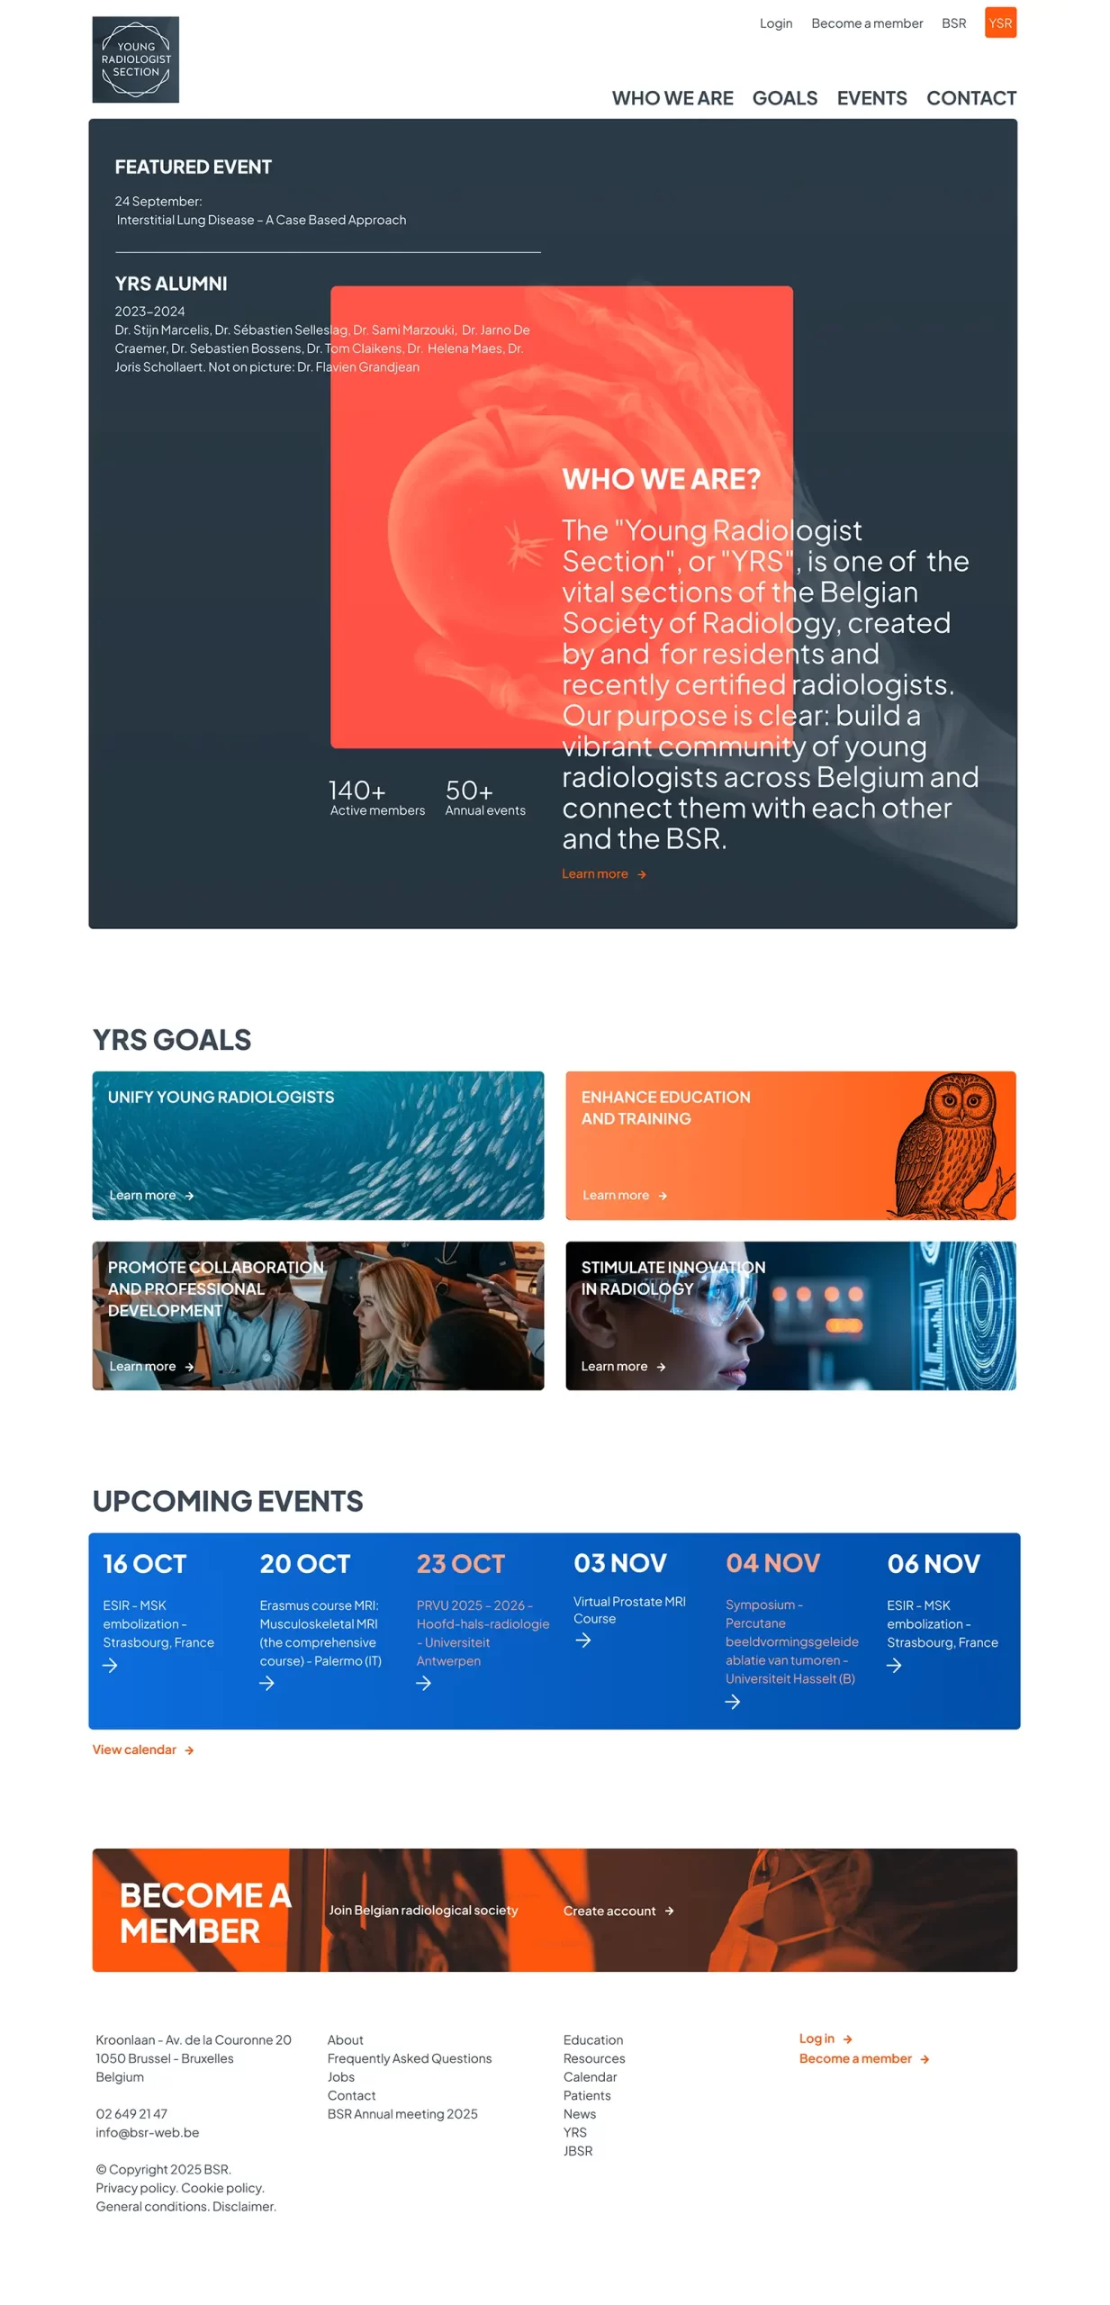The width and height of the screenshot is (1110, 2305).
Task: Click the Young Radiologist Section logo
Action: (135, 59)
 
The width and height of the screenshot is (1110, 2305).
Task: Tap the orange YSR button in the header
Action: (999, 23)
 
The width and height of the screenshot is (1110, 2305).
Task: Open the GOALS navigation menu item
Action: (784, 98)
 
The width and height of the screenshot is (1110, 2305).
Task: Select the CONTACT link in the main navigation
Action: (970, 98)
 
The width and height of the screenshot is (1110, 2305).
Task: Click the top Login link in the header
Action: (775, 23)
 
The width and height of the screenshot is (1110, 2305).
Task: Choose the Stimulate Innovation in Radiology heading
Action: (672, 1278)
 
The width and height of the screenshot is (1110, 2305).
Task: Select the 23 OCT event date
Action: (460, 1563)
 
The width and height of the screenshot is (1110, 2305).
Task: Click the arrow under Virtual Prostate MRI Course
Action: (583, 1640)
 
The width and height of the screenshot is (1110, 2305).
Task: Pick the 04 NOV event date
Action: (772, 1562)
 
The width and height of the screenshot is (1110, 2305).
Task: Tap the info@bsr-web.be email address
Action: (148, 2132)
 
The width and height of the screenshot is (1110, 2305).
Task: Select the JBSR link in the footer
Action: (578, 2150)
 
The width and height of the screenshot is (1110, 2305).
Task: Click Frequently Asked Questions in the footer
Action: (410, 2058)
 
